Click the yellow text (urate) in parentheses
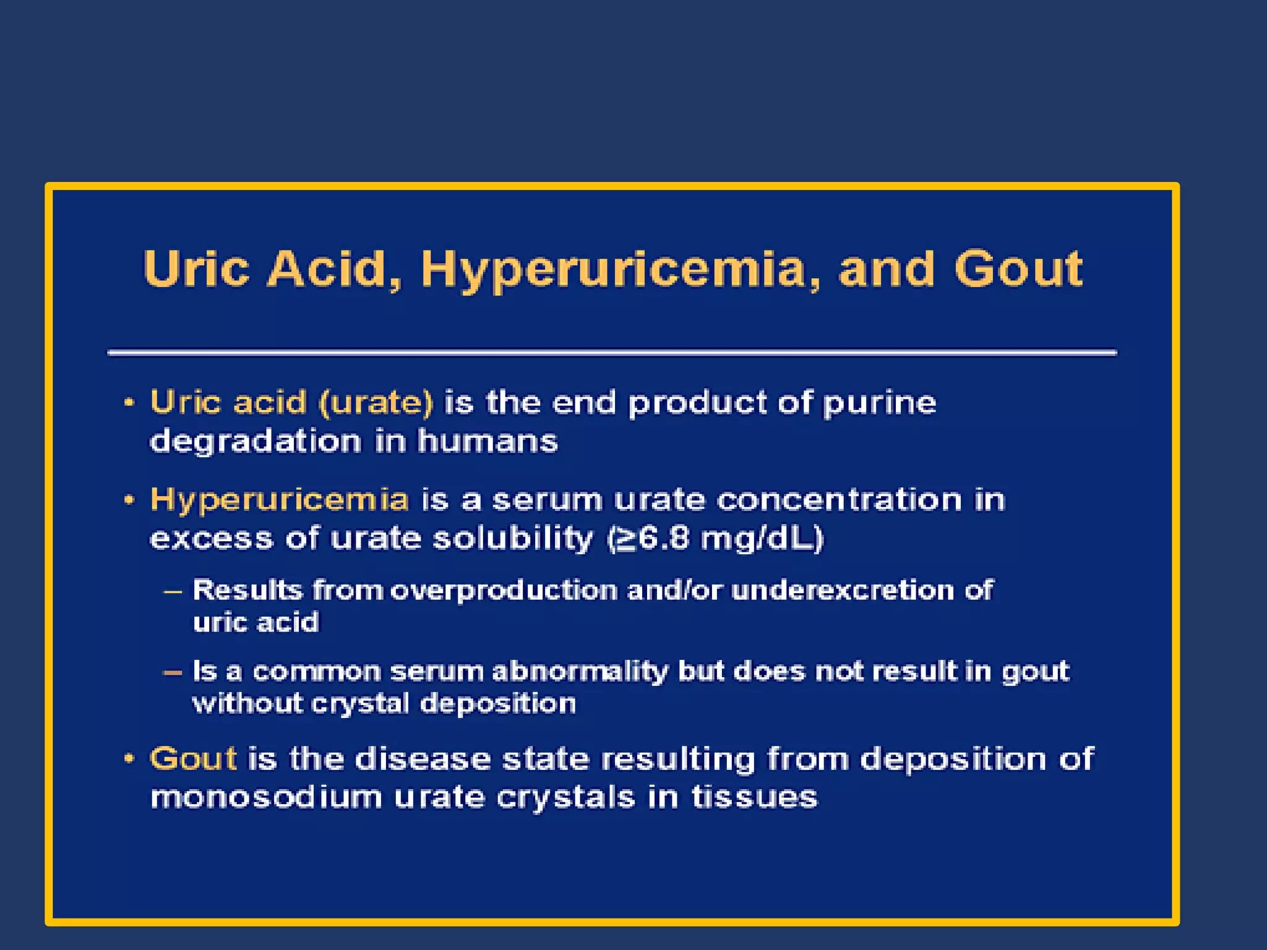(x=376, y=403)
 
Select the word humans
(x=487, y=442)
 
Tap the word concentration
(x=839, y=500)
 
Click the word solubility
(x=513, y=539)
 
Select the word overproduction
(x=504, y=591)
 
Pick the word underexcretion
(x=842, y=590)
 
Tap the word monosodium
(x=267, y=797)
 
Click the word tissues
(x=754, y=797)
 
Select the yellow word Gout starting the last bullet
(x=193, y=759)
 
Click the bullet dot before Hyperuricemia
(x=129, y=500)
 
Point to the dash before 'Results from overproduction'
(x=173, y=591)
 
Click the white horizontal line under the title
(x=612, y=353)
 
